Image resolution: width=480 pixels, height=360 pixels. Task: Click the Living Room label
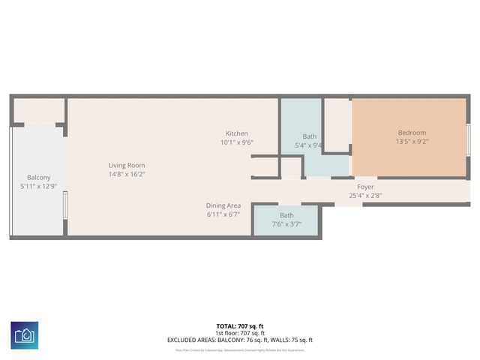click(x=127, y=165)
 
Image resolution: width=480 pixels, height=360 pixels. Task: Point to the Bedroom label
click(x=412, y=133)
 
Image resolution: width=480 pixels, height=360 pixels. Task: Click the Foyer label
click(x=365, y=187)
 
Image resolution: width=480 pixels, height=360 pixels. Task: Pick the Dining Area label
click(x=223, y=205)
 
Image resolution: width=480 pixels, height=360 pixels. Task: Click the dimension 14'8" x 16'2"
click(x=127, y=174)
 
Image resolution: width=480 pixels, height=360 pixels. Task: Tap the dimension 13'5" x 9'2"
click(x=412, y=142)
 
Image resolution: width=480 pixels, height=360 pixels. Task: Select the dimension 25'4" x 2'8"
click(x=365, y=196)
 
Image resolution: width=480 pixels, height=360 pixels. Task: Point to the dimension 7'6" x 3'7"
click(x=286, y=223)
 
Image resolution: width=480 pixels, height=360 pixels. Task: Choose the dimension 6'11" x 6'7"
click(x=223, y=214)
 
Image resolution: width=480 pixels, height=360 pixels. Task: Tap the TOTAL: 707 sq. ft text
click(x=239, y=326)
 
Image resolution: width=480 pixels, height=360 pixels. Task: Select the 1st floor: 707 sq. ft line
click(x=239, y=333)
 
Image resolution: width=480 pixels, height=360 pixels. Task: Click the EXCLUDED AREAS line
click(x=239, y=340)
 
